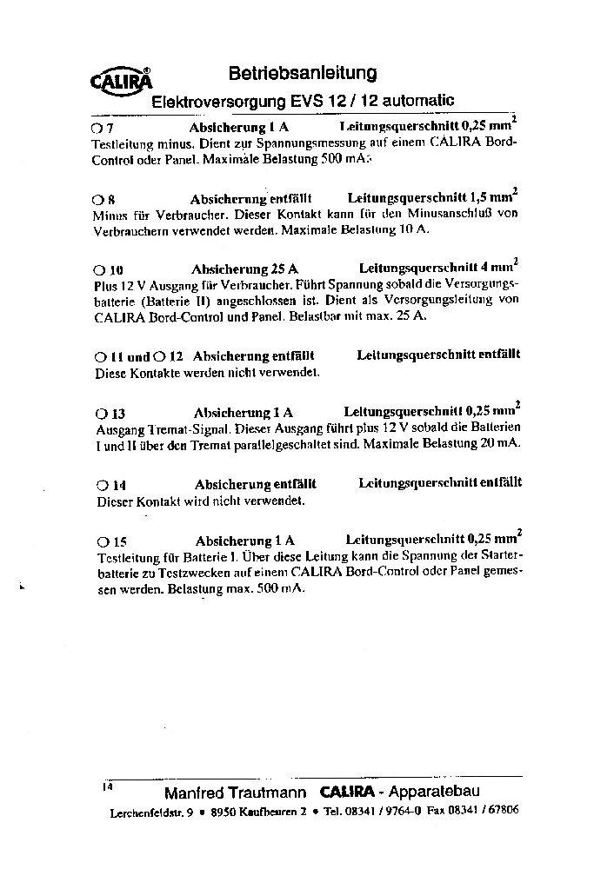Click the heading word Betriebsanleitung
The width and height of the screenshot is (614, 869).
(x=302, y=73)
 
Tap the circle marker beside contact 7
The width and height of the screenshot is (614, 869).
(x=97, y=127)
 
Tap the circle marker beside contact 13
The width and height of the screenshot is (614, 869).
(x=101, y=414)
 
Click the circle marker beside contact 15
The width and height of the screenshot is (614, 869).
(x=103, y=541)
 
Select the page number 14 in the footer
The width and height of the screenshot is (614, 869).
(x=108, y=787)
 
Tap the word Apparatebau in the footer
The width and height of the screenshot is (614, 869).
(x=434, y=792)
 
